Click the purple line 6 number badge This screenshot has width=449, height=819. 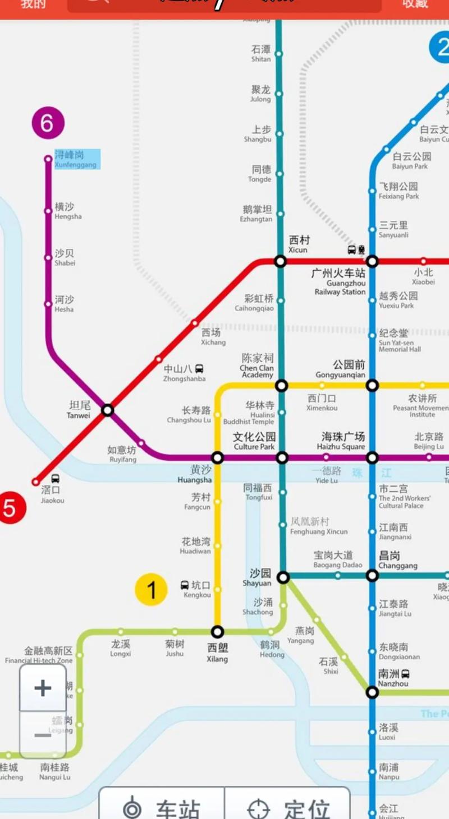click(48, 123)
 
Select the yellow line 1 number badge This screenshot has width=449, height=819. click(151, 590)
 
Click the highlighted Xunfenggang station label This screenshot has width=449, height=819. click(77, 159)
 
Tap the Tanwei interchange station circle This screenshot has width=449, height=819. click(108, 410)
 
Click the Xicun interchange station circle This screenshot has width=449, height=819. click(281, 261)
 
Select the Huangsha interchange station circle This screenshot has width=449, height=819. click(218, 458)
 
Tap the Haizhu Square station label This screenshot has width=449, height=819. click(342, 441)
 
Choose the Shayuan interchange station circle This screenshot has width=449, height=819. click(283, 576)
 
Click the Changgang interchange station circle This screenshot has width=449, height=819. click(372, 576)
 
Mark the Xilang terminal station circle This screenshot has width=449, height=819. click(217, 632)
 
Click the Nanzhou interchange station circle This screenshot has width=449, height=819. click(372, 692)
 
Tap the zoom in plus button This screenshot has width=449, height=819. click(43, 688)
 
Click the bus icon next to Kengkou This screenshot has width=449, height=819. click(185, 585)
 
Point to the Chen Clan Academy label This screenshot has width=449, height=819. click(257, 365)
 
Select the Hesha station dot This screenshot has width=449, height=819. click(48, 304)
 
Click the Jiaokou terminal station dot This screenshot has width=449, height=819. click(36, 482)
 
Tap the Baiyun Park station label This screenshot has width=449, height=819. click(411, 161)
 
